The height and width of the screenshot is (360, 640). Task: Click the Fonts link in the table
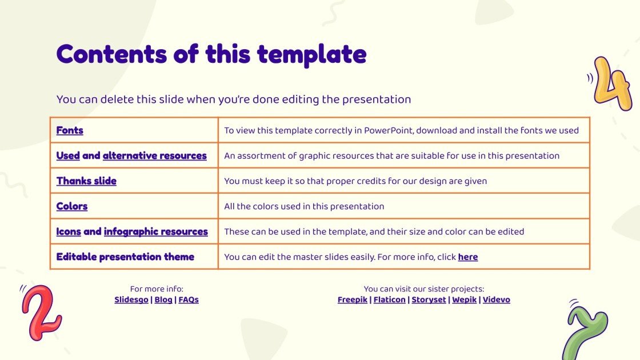pyautogui.click(x=70, y=130)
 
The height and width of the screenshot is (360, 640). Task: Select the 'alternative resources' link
pyautogui.click(x=154, y=155)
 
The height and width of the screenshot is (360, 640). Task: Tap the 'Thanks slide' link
pyautogui.click(x=86, y=181)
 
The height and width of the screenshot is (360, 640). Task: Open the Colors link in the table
pyautogui.click(x=72, y=206)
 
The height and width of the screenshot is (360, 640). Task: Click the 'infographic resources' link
pyautogui.click(x=155, y=231)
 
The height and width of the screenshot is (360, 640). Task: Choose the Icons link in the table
pyautogui.click(x=69, y=231)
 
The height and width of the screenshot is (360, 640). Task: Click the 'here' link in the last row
pyautogui.click(x=467, y=257)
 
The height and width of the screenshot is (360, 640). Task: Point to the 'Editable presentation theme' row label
pyautogui.click(x=125, y=257)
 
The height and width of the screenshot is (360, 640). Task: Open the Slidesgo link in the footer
pyautogui.click(x=131, y=299)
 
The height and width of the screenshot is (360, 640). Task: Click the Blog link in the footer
pyautogui.click(x=163, y=299)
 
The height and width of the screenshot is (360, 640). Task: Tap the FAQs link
pyautogui.click(x=189, y=299)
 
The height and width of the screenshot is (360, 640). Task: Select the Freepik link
pyautogui.click(x=353, y=299)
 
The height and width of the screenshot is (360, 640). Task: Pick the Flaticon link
pyautogui.click(x=389, y=299)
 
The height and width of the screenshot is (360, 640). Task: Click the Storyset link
pyautogui.click(x=429, y=299)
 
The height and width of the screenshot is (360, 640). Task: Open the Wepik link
pyautogui.click(x=465, y=299)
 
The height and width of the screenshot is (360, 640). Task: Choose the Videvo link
pyautogui.click(x=496, y=299)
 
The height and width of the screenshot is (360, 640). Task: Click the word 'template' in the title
pyautogui.click(x=311, y=55)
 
